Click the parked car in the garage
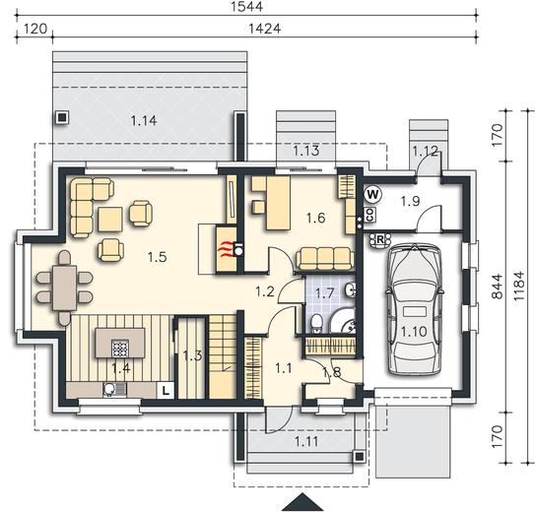click(x=414, y=309)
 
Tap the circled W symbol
click(x=372, y=195)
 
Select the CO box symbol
click(x=370, y=215)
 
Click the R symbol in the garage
click(x=379, y=239)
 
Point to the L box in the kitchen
click(x=166, y=390)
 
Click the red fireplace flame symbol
click(x=226, y=250)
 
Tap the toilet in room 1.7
click(x=317, y=324)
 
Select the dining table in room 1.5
click(x=64, y=288)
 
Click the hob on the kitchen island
click(x=120, y=348)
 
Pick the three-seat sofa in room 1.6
click(x=325, y=260)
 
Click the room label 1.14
click(x=144, y=120)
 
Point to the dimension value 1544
click(x=246, y=7)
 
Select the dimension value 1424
click(x=264, y=29)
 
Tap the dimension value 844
click(x=498, y=287)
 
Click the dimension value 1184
click(x=518, y=286)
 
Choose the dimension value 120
click(x=35, y=29)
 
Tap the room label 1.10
click(x=414, y=332)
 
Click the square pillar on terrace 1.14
click(x=62, y=118)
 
